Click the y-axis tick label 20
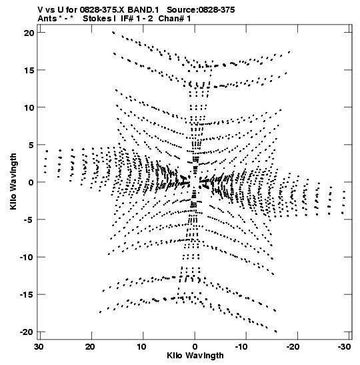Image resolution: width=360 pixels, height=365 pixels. pyautogui.click(x=29, y=33)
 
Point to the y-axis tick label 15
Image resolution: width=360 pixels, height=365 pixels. pyautogui.click(x=29, y=70)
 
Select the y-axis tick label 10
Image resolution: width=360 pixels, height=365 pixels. pyautogui.click(x=29, y=108)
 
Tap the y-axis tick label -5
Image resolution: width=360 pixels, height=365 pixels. pyautogui.click(x=29, y=220)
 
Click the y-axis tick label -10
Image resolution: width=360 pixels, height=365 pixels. pyautogui.click(x=27, y=257)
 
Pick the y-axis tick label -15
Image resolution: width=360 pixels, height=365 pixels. pyautogui.click(x=27, y=295)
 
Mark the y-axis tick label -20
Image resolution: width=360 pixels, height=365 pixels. pyautogui.click(x=27, y=332)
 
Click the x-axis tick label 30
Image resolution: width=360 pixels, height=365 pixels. pyautogui.click(x=39, y=347)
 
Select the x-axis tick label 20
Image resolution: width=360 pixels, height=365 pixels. pyautogui.click(x=91, y=347)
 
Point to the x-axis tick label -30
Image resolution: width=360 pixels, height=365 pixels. pyautogui.click(x=344, y=347)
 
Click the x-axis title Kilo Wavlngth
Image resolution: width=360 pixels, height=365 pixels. pyautogui.click(x=195, y=356)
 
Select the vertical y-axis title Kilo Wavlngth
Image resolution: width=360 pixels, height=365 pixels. pyautogui.click(x=13, y=181)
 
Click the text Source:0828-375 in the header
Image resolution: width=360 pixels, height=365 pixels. pyautogui.click(x=201, y=10)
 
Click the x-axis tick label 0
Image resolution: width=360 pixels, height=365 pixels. pyautogui.click(x=195, y=347)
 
